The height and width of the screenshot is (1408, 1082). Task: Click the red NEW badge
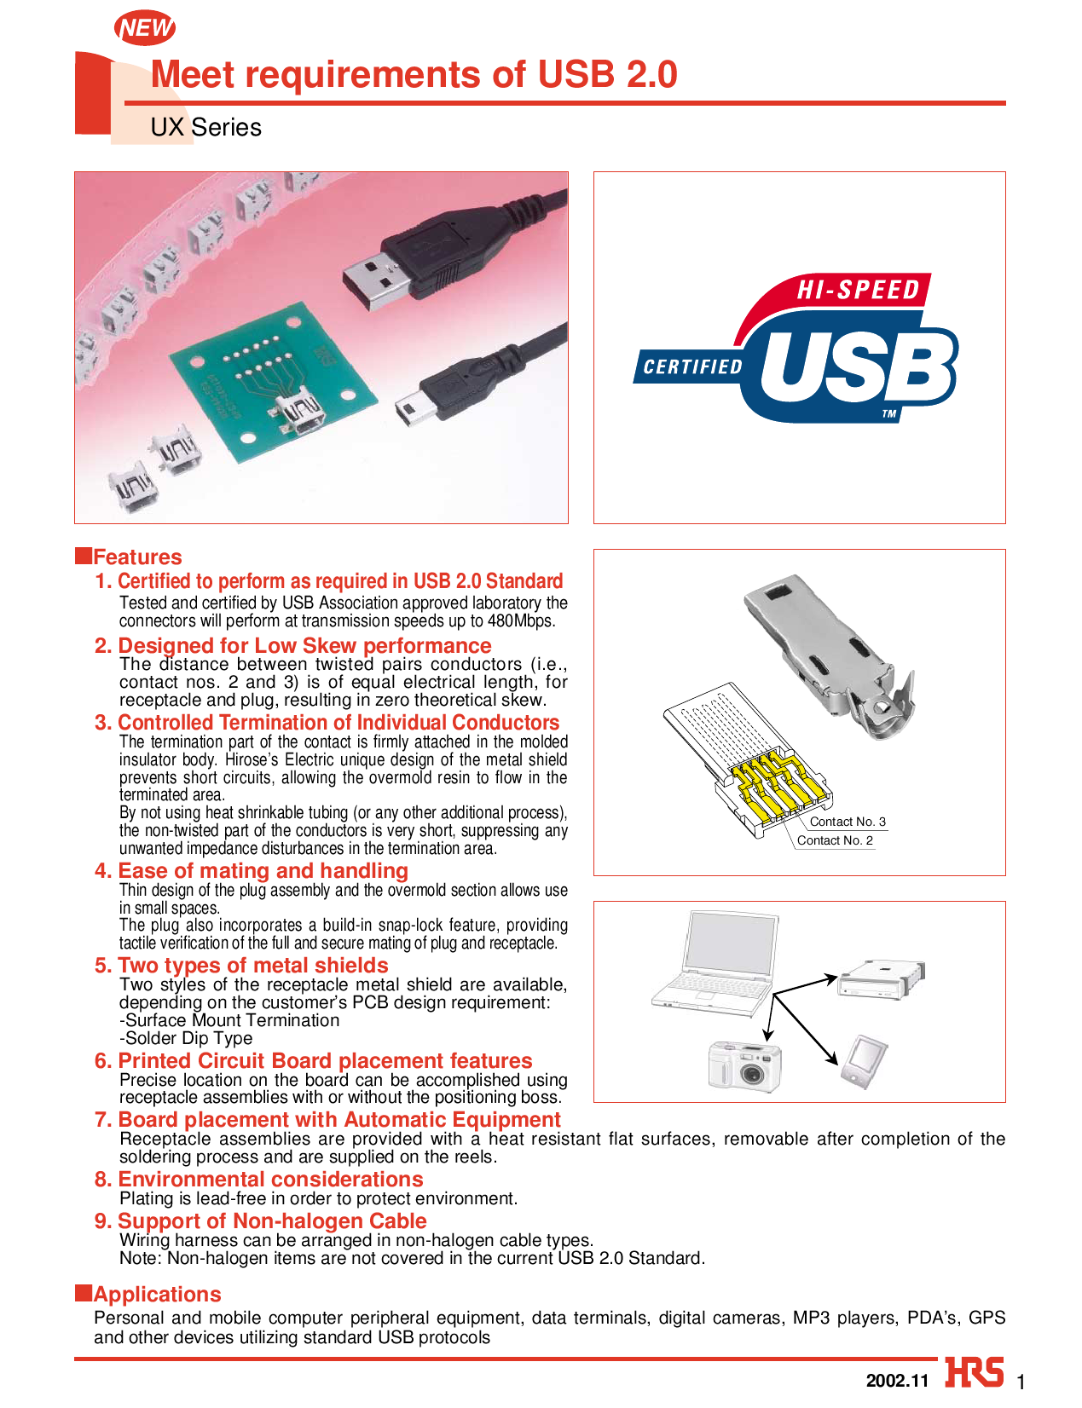(x=145, y=28)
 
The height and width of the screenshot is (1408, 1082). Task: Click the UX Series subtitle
(x=205, y=127)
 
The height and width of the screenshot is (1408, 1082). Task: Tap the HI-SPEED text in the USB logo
(x=858, y=291)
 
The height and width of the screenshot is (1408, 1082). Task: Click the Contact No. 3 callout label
(x=847, y=822)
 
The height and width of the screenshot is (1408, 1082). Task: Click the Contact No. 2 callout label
(x=835, y=840)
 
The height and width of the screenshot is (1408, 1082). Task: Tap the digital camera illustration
(x=744, y=1065)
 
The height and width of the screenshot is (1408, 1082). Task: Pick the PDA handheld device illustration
(x=865, y=1062)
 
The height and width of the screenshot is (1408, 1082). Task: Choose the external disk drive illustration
(x=880, y=980)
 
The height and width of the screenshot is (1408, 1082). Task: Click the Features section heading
(x=137, y=557)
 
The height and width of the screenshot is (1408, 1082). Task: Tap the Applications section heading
(x=157, y=1295)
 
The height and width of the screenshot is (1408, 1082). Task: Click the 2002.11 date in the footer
(x=896, y=1381)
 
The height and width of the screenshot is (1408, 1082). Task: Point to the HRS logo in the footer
(x=974, y=1374)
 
